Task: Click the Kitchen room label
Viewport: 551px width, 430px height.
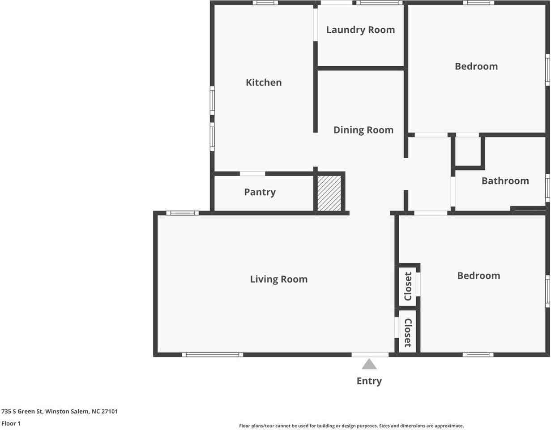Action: tap(264, 82)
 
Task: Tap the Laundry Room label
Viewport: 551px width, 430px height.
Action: tap(360, 30)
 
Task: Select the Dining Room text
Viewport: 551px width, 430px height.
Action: tap(363, 130)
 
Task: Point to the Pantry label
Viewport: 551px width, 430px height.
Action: tap(260, 192)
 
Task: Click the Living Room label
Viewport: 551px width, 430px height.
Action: tap(278, 279)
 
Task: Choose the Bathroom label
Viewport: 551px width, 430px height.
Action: tap(505, 181)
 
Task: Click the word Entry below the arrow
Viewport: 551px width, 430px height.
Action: tap(369, 381)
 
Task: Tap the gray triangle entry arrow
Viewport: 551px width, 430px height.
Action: tap(369, 364)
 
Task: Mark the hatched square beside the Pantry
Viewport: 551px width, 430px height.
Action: tap(329, 193)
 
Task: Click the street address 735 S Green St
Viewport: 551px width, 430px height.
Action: tap(60, 411)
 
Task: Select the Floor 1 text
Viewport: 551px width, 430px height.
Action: tap(11, 423)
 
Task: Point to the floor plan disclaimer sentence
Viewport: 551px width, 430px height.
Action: tap(351, 426)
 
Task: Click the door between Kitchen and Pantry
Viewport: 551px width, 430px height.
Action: tap(252, 174)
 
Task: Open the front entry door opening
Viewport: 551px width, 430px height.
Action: tap(370, 355)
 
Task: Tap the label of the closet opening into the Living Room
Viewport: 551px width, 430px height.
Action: tap(408, 333)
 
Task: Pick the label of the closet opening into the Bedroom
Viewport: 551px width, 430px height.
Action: tap(408, 286)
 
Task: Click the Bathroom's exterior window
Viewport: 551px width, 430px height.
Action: tap(547, 188)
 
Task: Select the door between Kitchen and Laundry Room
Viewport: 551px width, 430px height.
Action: tap(315, 25)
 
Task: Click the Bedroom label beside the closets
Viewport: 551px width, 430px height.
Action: tap(478, 276)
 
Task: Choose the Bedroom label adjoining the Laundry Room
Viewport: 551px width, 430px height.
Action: tap(476, 66)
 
